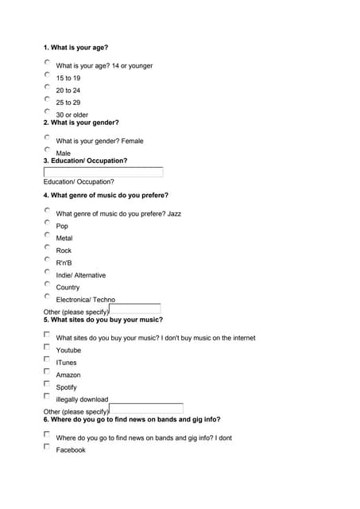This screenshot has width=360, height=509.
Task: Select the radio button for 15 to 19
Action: tap(47, 75)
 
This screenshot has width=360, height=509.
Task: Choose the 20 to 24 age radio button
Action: tap(47, 87)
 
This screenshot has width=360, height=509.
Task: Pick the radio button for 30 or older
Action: tap(47, 111)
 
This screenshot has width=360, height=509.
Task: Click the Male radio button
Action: tap(47, 150)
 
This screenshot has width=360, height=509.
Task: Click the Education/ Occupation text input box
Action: tap(103, 172)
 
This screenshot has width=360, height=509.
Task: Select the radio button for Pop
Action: tap(47, 223)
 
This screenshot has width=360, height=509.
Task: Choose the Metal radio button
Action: tap(47, 235)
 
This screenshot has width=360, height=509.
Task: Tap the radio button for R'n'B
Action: tap(47, 259)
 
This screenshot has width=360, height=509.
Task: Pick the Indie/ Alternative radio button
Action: tap(47, 272)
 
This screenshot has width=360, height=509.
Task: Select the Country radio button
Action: tap(47, 284)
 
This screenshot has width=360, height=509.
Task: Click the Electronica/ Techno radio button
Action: tap(47, 296)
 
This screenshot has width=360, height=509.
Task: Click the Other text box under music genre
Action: tap(134, 309)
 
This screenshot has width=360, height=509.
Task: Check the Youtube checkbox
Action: tap(47, 347)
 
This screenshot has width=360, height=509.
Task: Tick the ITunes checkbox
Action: tap(47, 359)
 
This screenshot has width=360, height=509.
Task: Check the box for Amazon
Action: tap(47, 371)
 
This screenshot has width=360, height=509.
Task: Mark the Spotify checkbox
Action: tap(47, 383)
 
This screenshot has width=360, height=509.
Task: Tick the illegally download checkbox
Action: tap(47, 396)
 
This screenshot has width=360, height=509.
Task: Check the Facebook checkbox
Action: tap(47, 446)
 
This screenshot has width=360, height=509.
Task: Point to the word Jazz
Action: tap(174, 214)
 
